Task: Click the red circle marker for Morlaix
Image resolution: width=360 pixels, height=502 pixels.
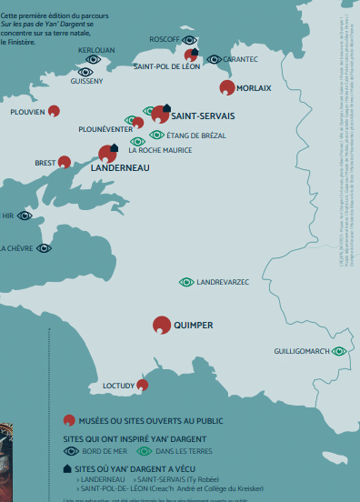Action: click(x=227, y=87)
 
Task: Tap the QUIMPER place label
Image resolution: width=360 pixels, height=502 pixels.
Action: click(x=193, y=325)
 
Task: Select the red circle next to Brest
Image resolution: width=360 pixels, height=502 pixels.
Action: click(x=65, y=163)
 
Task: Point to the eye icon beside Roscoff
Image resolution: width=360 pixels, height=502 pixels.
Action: click(x=189, y=40)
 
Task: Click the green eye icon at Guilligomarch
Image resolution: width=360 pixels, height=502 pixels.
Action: click(x=339, y=351)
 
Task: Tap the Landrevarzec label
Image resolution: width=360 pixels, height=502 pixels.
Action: click(x=223, y=283)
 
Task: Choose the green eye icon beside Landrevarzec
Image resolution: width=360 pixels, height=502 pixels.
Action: click(x=186, y=283)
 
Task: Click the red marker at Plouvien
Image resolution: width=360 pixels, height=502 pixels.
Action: click(x=54, y=111)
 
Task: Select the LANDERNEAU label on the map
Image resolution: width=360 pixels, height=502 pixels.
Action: click(x=121, y=168)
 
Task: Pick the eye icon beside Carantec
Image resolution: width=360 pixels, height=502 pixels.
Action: click(x=214, y=59)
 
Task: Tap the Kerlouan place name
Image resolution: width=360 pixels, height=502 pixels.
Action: click(x=97, y=50)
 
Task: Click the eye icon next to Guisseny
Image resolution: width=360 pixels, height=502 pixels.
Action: click(x=85, y=71)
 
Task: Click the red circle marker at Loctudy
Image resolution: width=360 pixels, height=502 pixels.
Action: click(x=142, y=385)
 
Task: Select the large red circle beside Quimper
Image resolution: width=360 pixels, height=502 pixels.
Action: click(x=162, y=325)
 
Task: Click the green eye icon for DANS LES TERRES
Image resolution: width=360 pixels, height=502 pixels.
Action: click(x=144, y=450)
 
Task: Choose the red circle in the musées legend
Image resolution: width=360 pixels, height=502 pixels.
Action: click(x=68, y=421)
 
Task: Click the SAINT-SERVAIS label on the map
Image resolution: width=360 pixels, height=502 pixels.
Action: click(x=203, y=116)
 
